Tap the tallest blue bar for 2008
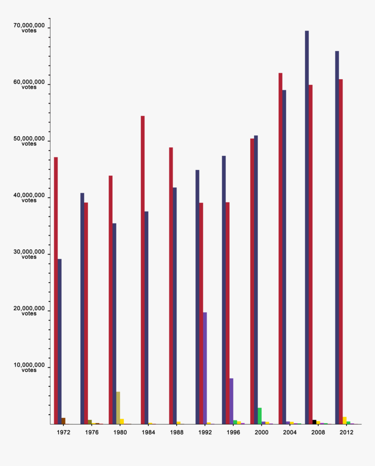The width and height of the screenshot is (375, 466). point(307,227)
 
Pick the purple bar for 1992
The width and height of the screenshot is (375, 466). point(205,368)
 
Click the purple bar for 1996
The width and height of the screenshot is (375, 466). point(231,401)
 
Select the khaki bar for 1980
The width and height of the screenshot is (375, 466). point(118,408)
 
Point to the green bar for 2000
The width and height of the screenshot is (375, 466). point(259,416)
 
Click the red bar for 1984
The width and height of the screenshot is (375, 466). point(143,270)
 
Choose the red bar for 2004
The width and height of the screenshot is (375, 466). point(280,248)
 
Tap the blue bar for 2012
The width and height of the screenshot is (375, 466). point(337,237)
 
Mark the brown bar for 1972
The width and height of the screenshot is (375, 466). point(63,421)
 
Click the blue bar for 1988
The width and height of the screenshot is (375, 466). point(175,305)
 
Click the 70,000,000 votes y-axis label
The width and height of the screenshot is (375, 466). point(29,28)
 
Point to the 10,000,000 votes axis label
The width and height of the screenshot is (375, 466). point(29,368)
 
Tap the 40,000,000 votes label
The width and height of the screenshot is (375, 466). point(29,198)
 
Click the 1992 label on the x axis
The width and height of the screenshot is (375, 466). point(205,432)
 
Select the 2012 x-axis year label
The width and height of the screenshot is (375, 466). point(347,432)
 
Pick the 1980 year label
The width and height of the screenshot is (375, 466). point(120,432)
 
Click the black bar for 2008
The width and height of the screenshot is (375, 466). point(314,422)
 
